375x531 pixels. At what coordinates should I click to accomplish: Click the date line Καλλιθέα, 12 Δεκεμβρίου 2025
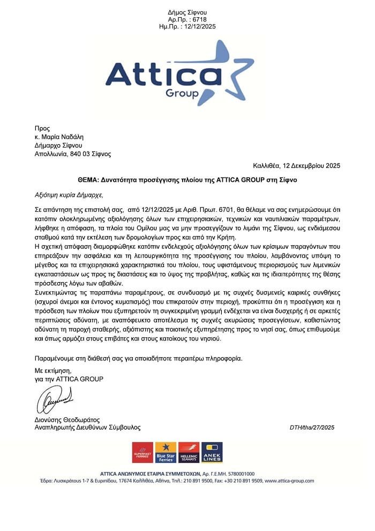(297, 166)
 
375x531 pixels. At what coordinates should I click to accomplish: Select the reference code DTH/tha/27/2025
(312, 427)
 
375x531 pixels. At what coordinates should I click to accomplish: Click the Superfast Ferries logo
(142, 452)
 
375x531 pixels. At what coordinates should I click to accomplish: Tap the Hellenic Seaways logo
(189, 452)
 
